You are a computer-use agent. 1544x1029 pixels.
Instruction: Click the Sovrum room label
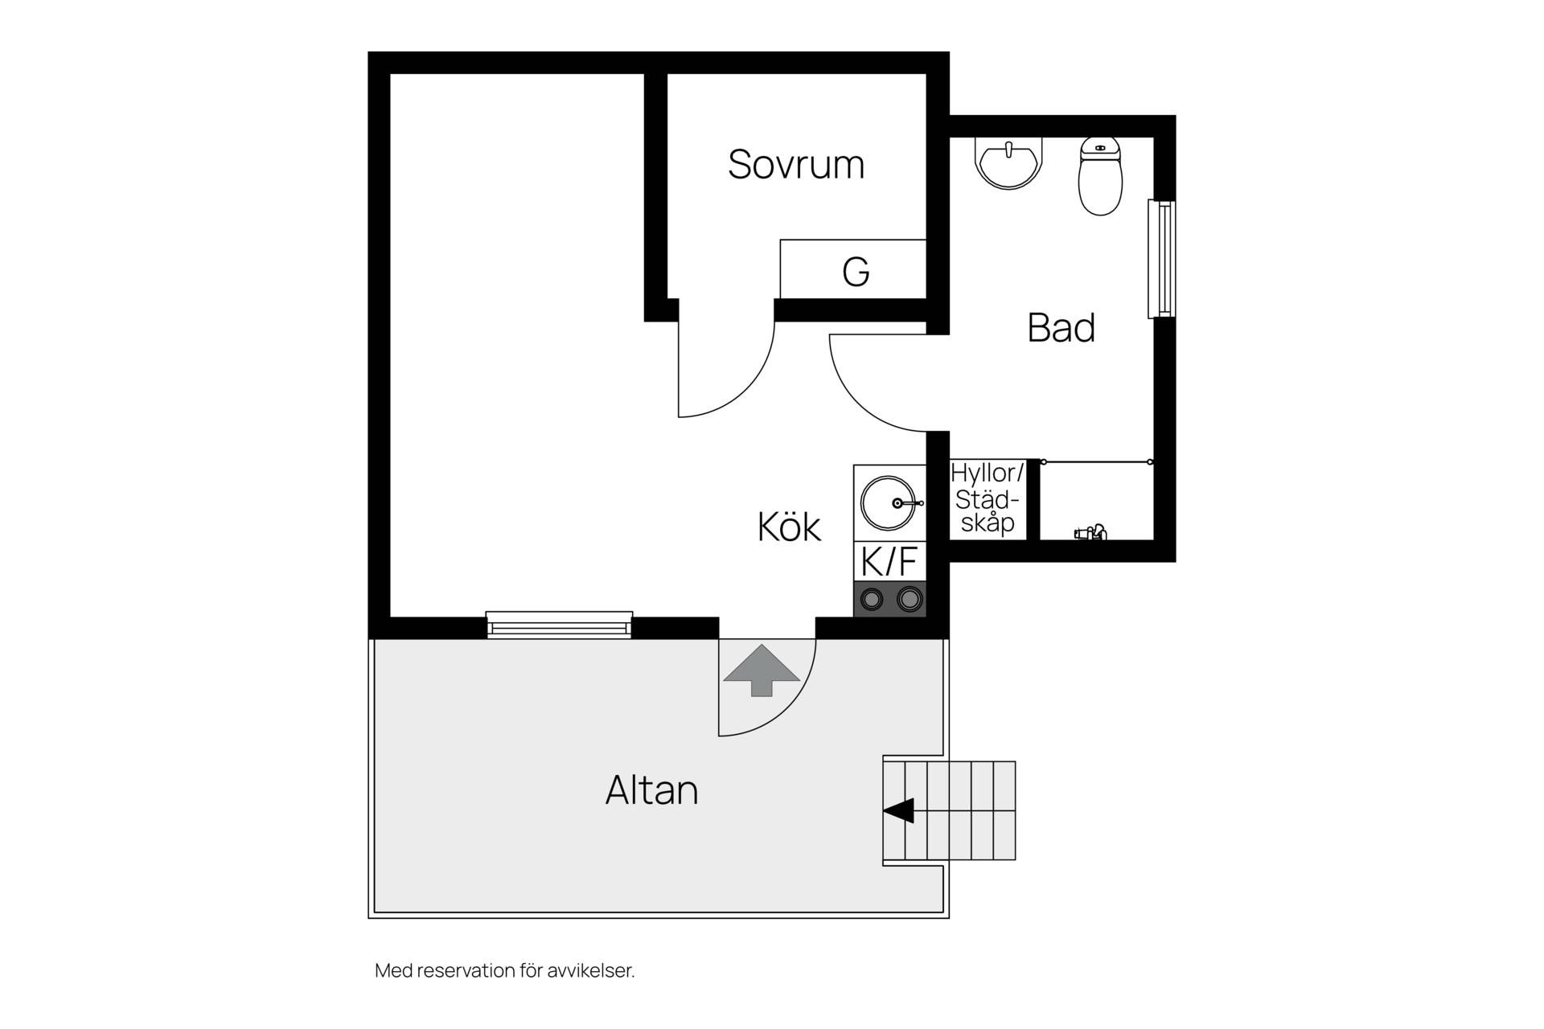click(x=796, y=164)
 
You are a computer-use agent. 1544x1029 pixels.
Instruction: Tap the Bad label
click(x=1061, y=328)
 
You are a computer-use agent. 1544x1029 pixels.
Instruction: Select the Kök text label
click(x=789, y=527)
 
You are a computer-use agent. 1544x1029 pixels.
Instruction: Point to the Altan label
click(x=651, y=790)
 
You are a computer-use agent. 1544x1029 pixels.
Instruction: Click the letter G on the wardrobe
click(x=856, y=273)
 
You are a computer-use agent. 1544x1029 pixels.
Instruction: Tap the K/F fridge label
click(x=889, y=561)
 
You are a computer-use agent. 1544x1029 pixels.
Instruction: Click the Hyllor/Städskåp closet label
click(x=988, y=498)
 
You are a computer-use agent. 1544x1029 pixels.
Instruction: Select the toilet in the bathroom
click(x=1100, y=176)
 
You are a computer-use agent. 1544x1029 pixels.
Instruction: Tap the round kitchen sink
click(x=889, y=503)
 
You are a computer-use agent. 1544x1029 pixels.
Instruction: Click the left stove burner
click(x=872, y=599)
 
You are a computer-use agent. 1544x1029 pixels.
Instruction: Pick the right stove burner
click(x=909, y=599)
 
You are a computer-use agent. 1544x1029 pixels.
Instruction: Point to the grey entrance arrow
click(x=762, y=670)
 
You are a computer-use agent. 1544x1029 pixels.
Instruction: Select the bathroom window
click(x=1161, y=259)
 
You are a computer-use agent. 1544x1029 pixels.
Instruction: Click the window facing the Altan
click(x=560, y=625)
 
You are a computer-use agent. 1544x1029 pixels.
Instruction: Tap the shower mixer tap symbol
click(x=1090, y=531)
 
